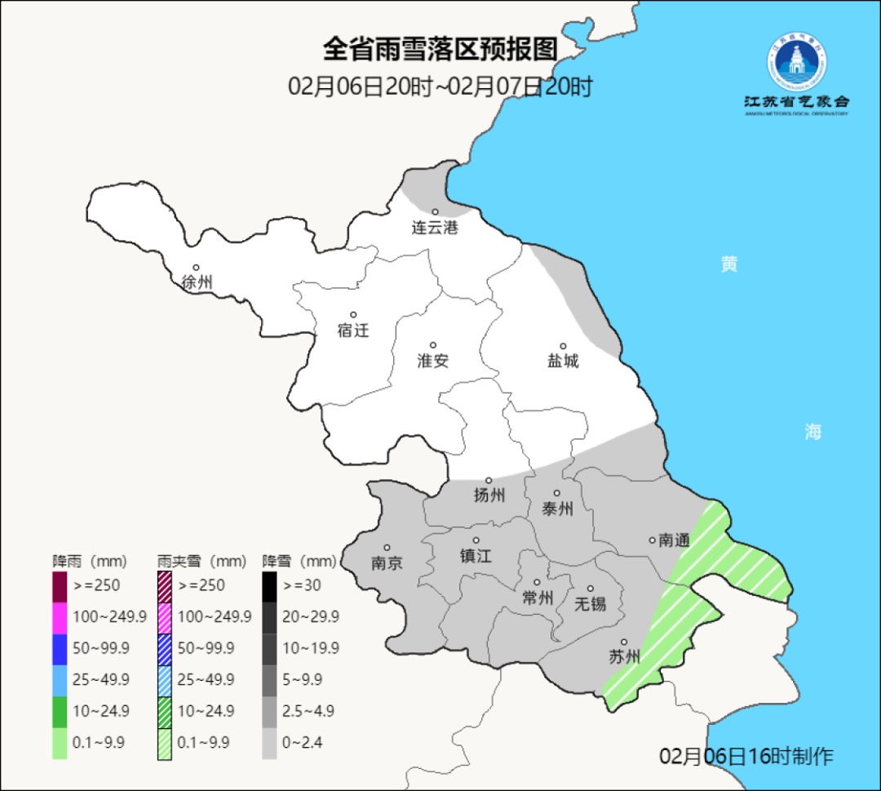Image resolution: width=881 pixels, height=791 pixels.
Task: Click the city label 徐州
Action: (x=197, y=282)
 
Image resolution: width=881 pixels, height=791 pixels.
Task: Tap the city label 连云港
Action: (x=434, y=228)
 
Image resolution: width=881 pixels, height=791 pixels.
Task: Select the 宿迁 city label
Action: (x=353, y=331)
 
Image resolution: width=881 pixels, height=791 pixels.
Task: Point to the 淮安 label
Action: (x=433, y=361)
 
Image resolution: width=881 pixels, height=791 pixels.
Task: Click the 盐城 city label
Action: (x=563, y=361)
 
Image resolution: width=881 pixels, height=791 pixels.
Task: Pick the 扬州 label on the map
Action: (x=489, y=495)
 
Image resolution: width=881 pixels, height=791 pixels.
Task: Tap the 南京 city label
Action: (x=387, y=563)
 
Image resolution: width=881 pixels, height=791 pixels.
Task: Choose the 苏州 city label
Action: (x=625, y=657)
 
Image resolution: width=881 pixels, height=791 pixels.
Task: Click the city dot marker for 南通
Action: (x=652, y=540)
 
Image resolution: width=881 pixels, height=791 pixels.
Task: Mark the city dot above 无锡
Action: (x=591, y=589)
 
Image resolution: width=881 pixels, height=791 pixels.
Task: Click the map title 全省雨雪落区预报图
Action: (x=440, y=50)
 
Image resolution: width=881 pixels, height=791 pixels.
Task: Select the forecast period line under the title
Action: (x=440, y=87)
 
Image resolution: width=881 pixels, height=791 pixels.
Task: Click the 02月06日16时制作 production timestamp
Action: (x=746, y=756)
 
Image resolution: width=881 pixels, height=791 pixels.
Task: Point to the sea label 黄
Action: (x=729, y=264)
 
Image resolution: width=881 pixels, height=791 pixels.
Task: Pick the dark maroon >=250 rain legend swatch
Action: (x=60, y=585)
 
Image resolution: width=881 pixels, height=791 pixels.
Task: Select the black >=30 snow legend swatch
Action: (x=269, y=585)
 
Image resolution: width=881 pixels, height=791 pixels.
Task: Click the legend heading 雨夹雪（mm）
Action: (x=201, y=562)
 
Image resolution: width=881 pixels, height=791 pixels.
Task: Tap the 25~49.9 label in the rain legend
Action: (x=101, y=679)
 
